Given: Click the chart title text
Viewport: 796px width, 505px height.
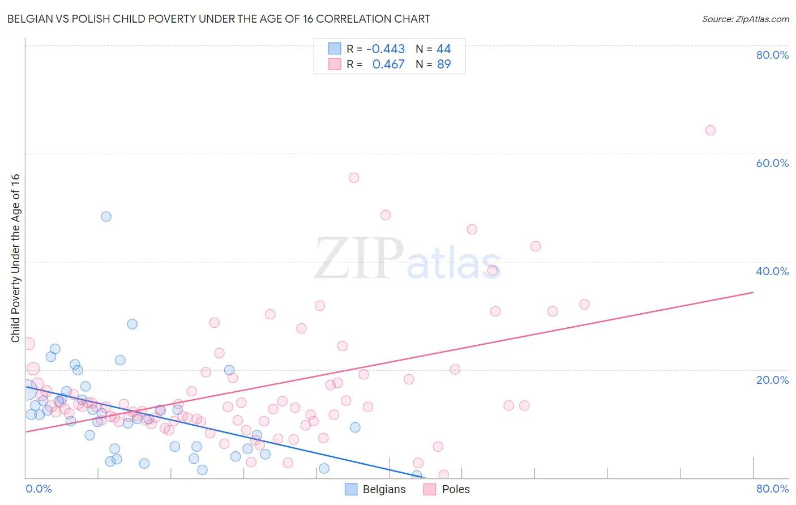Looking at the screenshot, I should coord(219,19).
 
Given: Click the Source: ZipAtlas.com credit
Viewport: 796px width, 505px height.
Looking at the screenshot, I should coord(745,19).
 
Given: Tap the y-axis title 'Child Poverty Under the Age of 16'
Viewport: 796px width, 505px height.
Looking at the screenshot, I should coord(15,258).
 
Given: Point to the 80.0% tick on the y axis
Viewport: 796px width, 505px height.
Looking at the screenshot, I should coord(772,55).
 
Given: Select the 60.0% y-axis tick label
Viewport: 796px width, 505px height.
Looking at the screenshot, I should coord(772,163).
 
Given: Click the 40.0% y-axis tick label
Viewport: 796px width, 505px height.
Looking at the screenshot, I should coord(772,271).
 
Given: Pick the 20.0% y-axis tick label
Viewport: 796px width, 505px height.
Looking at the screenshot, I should coord(772,379).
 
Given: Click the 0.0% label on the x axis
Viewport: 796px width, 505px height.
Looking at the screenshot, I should coord(38,489).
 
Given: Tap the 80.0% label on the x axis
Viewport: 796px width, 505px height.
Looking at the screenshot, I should coord(772,489).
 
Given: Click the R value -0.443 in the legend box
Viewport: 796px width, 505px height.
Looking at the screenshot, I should coord(386,49).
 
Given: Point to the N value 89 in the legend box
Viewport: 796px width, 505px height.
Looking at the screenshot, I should coord(444,65).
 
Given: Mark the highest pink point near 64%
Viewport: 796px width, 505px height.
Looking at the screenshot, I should coord(710,130).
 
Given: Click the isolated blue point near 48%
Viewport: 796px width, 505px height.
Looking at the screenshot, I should coord(106,216).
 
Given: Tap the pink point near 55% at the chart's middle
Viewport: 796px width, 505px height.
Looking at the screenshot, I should coord(354,178).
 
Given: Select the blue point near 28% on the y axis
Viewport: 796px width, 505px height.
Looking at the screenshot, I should coord(132,324).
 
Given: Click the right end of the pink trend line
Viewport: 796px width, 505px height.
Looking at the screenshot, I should coord(753,292).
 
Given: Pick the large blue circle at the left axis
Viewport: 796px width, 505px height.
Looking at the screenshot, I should coord(26,390).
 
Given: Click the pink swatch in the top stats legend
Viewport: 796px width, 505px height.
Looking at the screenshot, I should coord(335,65).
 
